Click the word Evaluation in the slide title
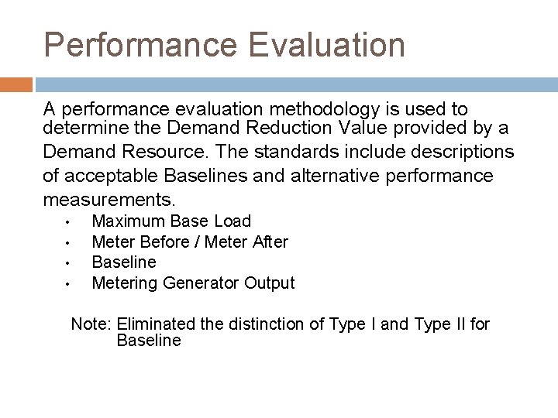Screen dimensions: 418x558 coord(327,45)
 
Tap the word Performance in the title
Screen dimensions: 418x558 coord(140,45)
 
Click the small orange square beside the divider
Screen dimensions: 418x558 coord(15,84)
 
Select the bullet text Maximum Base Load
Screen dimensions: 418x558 coord(171,221)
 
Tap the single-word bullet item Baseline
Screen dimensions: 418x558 coord(124,262)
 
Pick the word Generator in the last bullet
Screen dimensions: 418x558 coord(201,283)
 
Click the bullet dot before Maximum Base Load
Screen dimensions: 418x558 coord(68,223)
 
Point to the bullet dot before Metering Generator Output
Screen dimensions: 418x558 coord(68,284)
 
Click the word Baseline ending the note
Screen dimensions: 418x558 coord(148,341)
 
